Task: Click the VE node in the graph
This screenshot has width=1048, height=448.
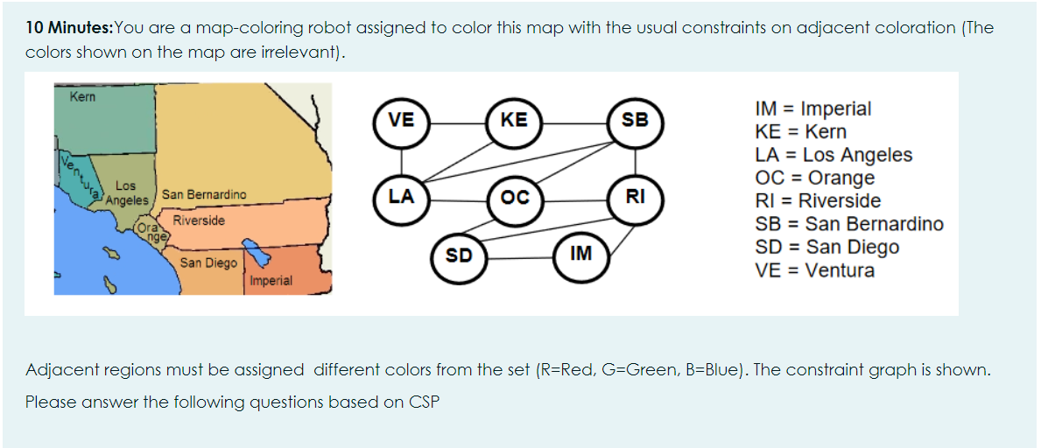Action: pyautogui.click(x=402, y=122)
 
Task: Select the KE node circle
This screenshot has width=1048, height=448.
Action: pyautogui.click(x=514, y=122)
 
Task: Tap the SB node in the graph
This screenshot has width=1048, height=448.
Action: pyautogui.click(x=635, y=122)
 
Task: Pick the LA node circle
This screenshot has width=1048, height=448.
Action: pyautogui.click(x=402, y=197)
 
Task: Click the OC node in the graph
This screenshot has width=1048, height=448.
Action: pyautogui.click(x=514, y=198)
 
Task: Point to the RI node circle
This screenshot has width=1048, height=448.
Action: pyautogui.click(x=635, y=197)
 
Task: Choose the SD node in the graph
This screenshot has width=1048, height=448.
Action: pyautogui.click(x=459, y=255)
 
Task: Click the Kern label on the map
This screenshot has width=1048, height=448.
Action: pyautogui.click(x=83, y=95)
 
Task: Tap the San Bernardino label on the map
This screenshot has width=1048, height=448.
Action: pyautogui.click(x=203, y=194)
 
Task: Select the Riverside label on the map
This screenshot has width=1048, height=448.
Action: pyautogui.click(x=199, y=220)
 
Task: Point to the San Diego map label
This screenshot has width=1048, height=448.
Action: pyautogui.click(x=208, y=262)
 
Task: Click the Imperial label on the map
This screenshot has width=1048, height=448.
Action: pyautogui.click(x=271, y=281)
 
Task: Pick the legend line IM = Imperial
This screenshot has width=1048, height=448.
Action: pyautogui.click(x=812, y=109)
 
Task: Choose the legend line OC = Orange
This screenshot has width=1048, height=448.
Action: pyautogui.click(x=814, y=178)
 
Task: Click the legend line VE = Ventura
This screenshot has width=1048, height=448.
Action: pyautogui.click(x=814, y=269)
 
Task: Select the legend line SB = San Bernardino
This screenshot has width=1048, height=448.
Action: pyautogui.click(x=848, y=224)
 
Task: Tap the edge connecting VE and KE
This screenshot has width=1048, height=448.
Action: pyautogui.click(x=458, y=122)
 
